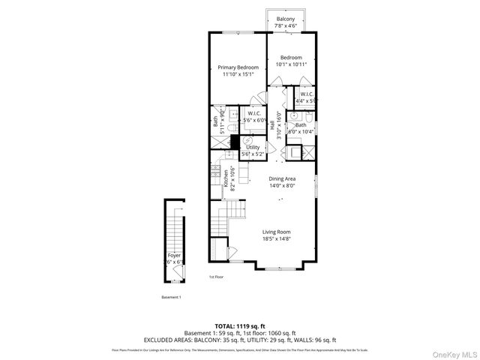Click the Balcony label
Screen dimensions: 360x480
(285, 19)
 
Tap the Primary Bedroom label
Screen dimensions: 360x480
(238, 67)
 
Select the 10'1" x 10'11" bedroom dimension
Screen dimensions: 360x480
(291, 64)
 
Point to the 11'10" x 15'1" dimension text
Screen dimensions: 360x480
(238, 74)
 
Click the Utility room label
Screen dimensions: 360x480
(253, 147)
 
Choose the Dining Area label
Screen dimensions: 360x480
(283, 178)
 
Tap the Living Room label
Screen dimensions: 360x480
(276, 232)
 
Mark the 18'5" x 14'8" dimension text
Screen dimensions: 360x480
(276, 239)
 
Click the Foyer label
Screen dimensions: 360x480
(174, 255)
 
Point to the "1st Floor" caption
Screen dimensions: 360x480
(217, 277)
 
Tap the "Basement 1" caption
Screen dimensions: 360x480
(171, 297)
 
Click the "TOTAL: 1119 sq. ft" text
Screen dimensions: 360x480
(240, 326)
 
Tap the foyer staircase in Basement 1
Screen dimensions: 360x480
(175, 232)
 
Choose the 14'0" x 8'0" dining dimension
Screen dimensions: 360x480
(283, 185)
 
